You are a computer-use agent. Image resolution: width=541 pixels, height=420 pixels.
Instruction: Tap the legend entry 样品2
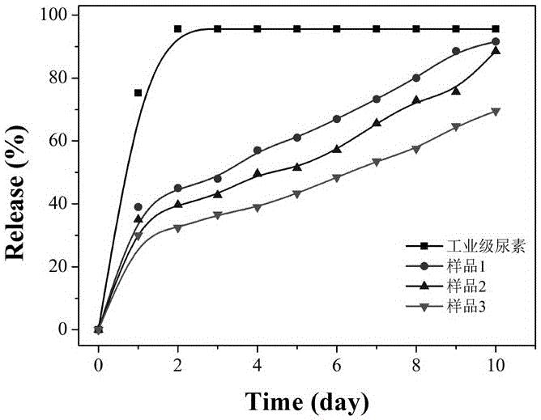click(462, 287)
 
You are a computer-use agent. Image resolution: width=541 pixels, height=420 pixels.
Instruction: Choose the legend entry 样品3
click(462, 307)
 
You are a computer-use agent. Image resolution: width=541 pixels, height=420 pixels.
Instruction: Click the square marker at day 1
click(138, 93)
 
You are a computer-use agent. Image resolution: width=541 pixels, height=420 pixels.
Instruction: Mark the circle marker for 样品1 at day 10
click(496, 41)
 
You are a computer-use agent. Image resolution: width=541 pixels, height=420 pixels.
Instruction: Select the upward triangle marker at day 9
click(456, 91)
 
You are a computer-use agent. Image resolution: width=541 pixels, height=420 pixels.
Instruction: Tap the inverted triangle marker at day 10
click(496, 112)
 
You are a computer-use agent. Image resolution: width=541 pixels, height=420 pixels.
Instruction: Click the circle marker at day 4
click(258, 151)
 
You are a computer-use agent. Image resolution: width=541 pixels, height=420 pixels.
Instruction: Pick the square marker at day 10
click(496, 29)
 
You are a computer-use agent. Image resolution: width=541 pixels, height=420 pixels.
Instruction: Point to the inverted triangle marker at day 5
click(297, 194)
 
